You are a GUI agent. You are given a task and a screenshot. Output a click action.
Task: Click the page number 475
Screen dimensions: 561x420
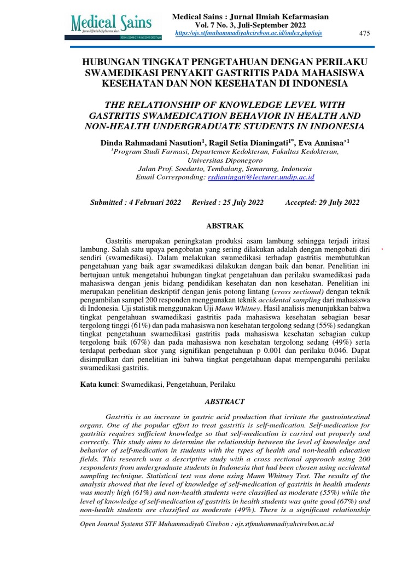364,34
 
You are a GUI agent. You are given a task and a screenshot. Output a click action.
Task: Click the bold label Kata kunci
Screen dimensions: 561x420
100,385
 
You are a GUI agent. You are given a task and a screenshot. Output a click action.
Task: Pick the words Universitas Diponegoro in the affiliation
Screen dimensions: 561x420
225,160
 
